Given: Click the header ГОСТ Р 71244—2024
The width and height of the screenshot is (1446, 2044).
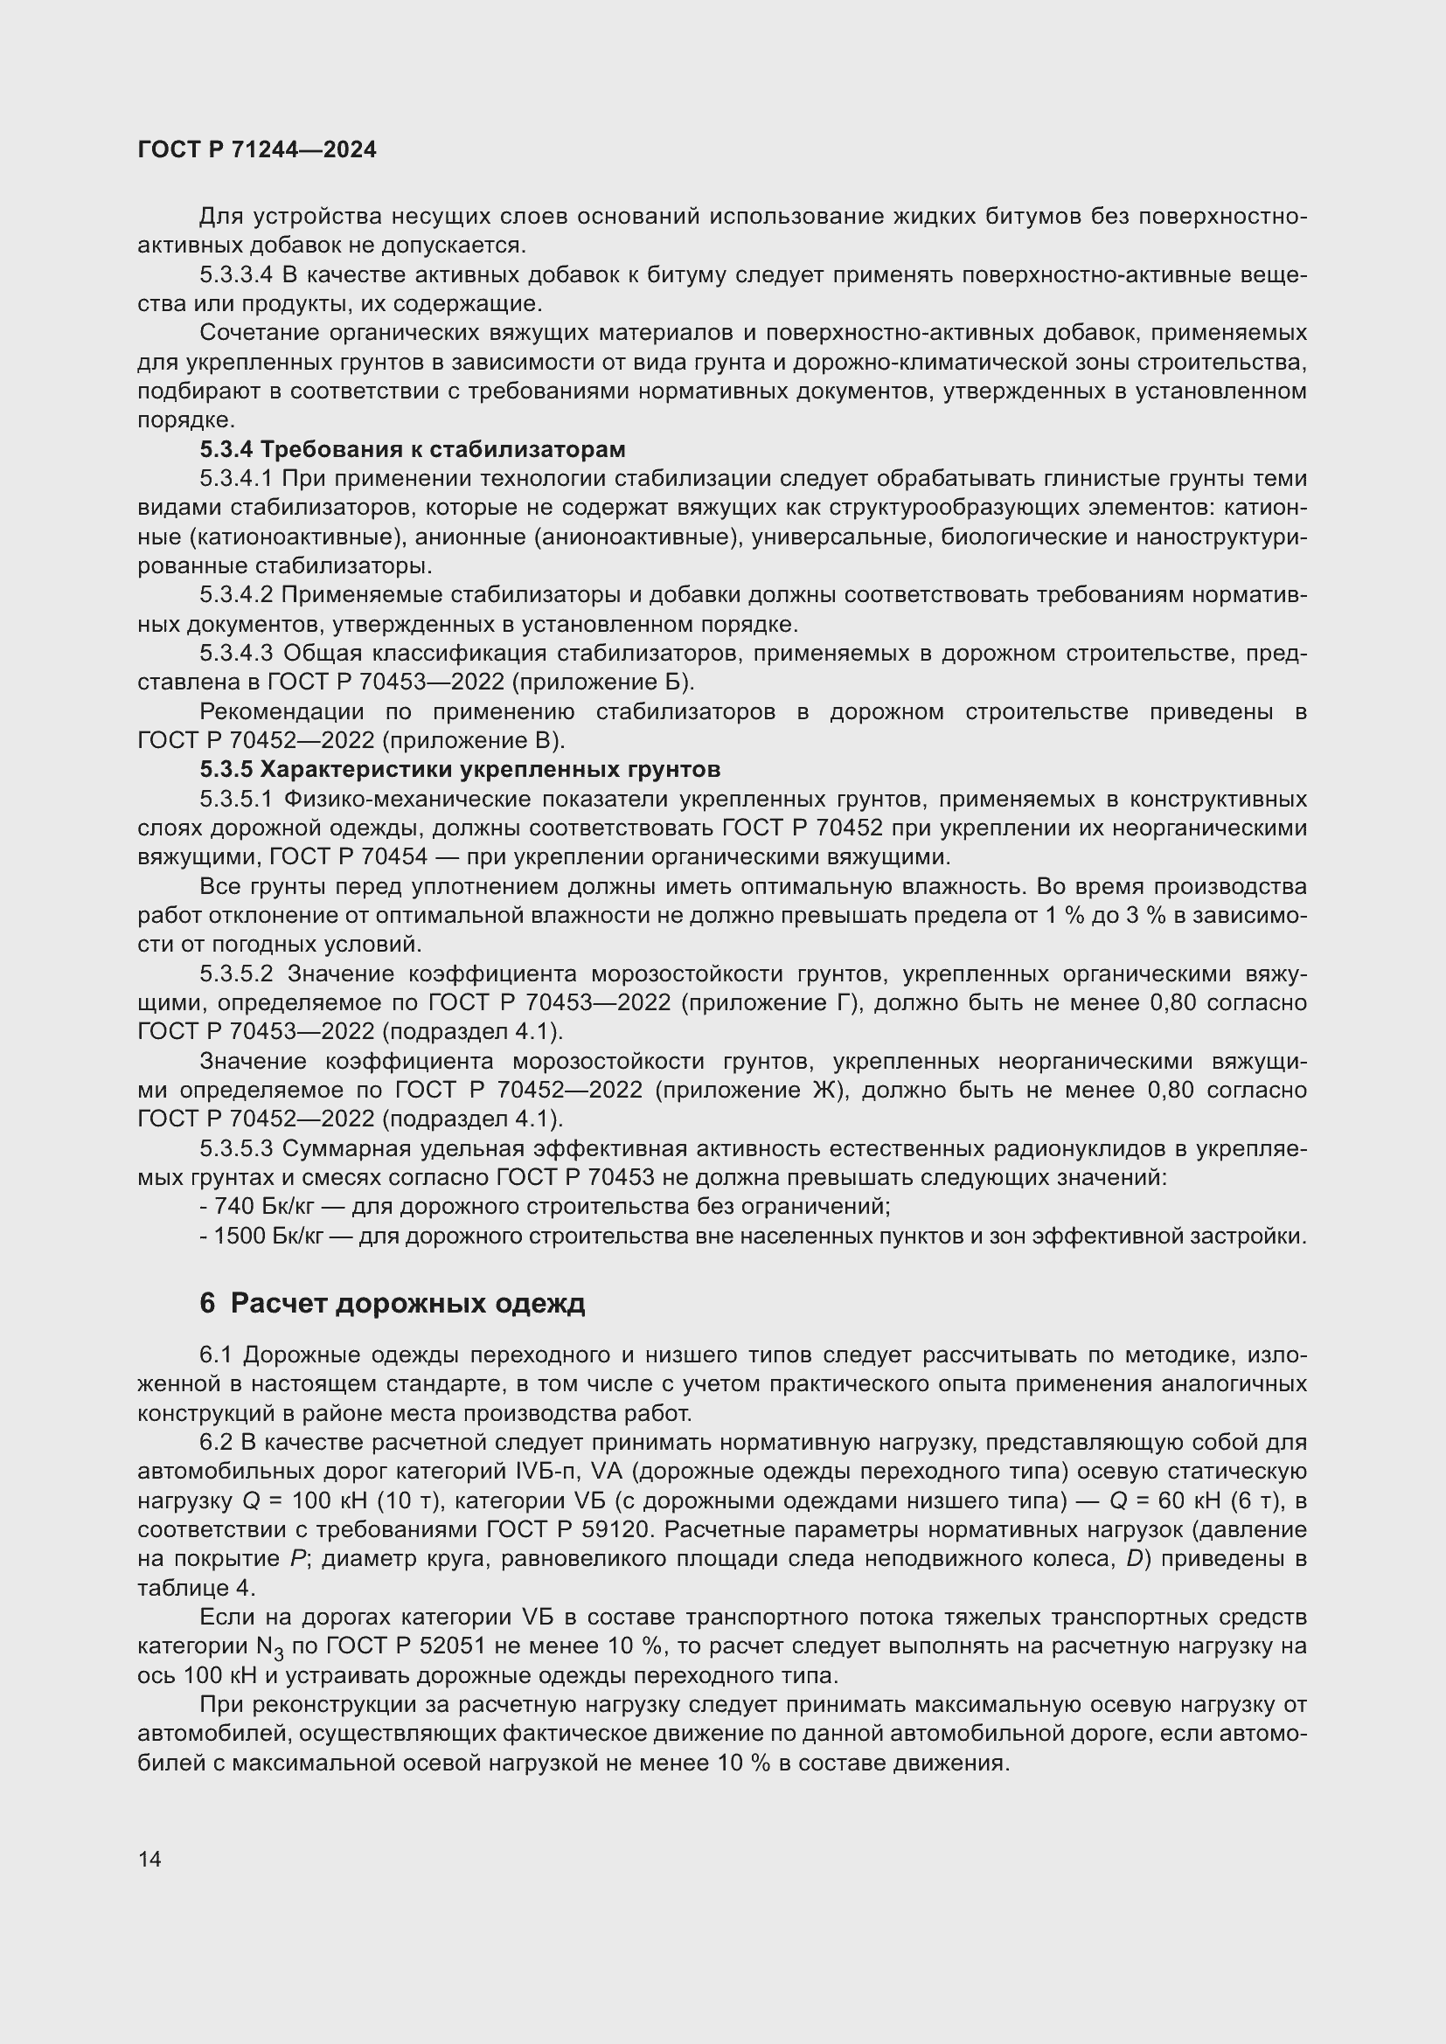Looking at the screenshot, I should point(257,149).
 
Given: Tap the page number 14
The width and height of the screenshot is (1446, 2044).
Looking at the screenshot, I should point(149,1859).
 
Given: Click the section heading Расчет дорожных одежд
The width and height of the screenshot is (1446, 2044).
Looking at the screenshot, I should point(407,1303).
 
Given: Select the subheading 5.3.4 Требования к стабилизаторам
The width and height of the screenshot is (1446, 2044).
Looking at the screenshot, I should point(413,448).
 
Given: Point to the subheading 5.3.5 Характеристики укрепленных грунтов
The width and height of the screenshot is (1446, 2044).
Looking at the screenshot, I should point(460,768).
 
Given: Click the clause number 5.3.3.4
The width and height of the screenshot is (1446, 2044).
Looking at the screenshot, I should point(235,275).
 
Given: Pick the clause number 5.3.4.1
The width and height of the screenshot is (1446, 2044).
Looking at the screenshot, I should point(235,478).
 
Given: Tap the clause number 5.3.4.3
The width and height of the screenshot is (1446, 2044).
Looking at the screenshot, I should point(235,654).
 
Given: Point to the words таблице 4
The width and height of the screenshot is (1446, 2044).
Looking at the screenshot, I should point(196,1587).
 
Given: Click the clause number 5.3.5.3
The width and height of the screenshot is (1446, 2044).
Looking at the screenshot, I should point(235,1148).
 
